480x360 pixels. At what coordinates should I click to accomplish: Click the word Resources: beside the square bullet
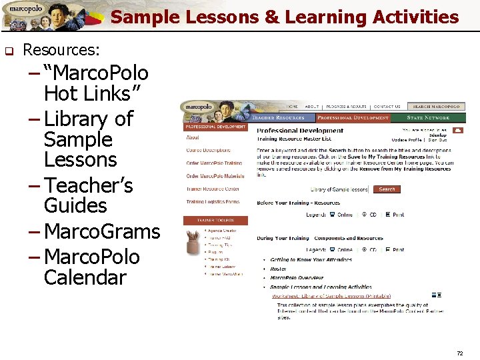[x=61, y=49]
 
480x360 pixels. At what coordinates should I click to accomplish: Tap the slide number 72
[x=459, y=353]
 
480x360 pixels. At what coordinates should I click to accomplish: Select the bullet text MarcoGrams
[x=102, y=231]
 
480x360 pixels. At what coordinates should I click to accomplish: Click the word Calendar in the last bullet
[x=85, y=277]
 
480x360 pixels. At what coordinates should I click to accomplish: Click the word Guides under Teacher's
[x=75, y=205]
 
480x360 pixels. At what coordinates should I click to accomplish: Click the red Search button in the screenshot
[x=387, y=189]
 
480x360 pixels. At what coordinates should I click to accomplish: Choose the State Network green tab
[x=428, y=118]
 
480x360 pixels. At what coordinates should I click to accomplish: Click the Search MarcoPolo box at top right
[x=437, y=107]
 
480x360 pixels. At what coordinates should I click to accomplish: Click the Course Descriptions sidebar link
[x=209, y=151]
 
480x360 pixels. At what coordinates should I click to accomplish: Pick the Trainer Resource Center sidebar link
[x=213, y=189]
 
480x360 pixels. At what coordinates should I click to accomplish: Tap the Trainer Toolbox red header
[x=215, y=220]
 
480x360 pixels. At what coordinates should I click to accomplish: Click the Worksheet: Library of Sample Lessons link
[x=322, y=296]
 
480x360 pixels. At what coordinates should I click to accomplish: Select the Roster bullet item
[x=279, y=269]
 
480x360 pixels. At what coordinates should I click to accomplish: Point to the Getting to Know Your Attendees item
[x=311, y=260]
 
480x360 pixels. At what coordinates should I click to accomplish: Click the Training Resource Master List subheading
[x=294, y=139]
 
